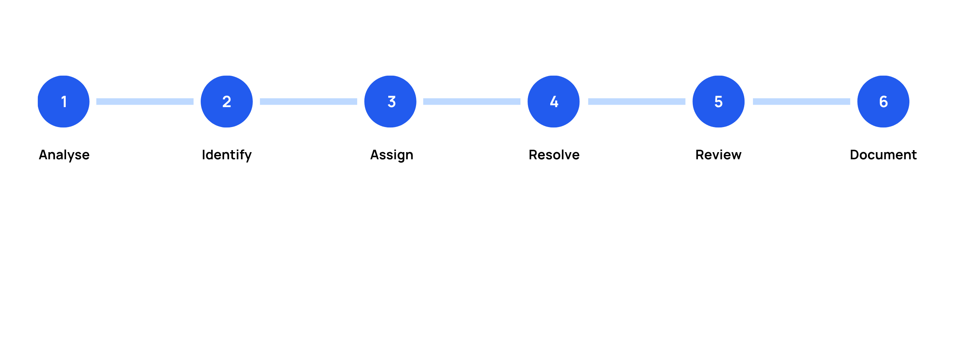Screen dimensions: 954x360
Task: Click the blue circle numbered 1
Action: point(64,102)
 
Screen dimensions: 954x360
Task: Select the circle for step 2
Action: point(227,102)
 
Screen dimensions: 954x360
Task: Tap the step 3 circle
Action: point(390,102)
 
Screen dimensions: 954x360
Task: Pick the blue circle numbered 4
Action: point(553,102)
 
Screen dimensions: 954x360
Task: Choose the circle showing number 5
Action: point(718,102)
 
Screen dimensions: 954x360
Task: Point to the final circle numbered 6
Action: point(883,102)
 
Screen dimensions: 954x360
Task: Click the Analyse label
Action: point(64,155)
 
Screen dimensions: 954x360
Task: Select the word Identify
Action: point(227,155)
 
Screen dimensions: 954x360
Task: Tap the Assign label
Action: point(392,155)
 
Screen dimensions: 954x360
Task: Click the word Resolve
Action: point(554,155)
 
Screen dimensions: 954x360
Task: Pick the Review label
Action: point(718,155)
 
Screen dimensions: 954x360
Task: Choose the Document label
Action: point(883,155)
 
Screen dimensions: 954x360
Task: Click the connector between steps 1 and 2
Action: point(145,102)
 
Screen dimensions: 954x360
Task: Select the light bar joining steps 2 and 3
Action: point(309,102)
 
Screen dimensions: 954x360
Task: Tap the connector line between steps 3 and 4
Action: point(472,102)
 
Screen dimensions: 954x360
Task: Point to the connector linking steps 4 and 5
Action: point(637,102)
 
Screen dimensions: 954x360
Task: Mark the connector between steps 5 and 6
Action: point(802,102)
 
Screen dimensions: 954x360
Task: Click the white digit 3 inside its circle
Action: point(392,102)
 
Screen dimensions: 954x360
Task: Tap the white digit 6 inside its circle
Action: point(884,102)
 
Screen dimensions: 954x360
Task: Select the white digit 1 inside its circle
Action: point(64,102)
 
